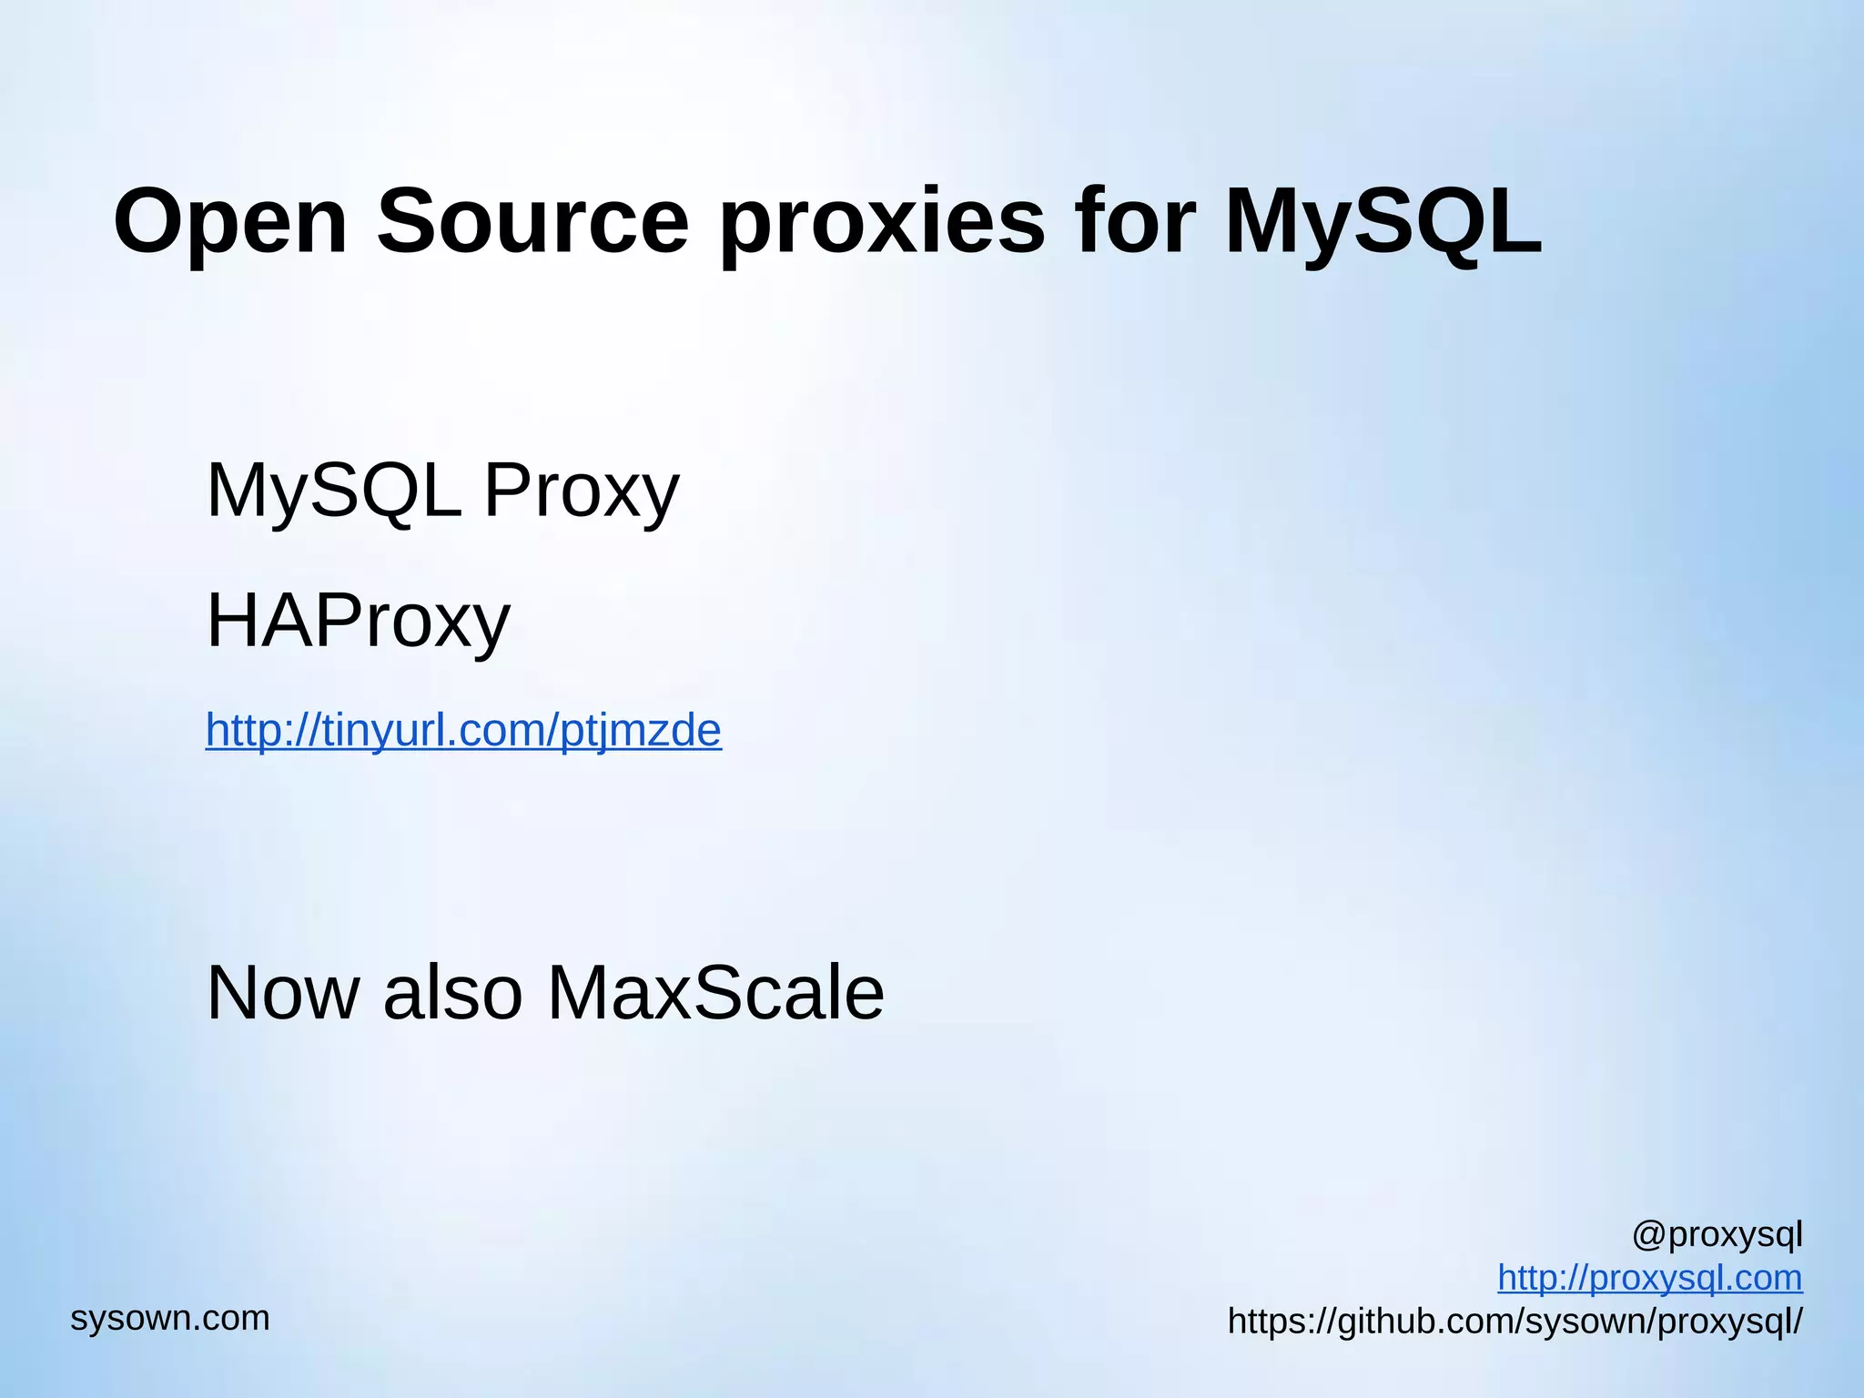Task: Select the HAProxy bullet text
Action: point(359,621)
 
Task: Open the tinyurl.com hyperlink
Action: point(463,730)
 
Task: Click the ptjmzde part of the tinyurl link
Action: point(641,730)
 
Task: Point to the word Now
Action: point(283,992)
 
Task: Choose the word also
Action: point(452,992)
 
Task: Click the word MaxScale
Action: point(715,992)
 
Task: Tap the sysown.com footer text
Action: point(170,1318)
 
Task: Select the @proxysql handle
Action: point(1717,1235)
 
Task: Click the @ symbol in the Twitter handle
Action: point(1648,1235)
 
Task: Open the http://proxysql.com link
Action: point(1649,1278)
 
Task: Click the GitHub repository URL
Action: point(1514,1322)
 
